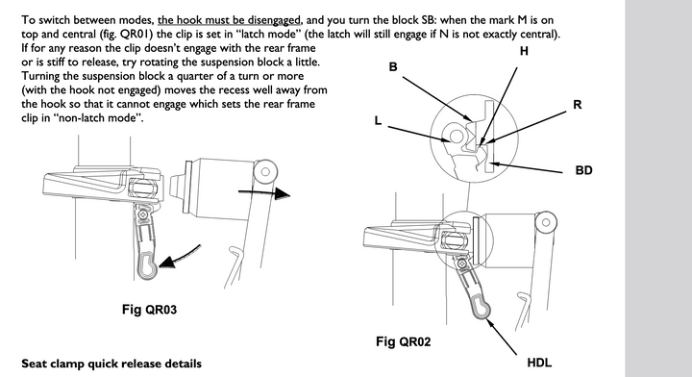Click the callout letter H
pos(524,52)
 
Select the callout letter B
pos(393,67)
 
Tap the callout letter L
pos(378,120)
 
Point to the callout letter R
pos(578,105)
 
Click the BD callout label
pos(583,170)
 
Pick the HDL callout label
pos(539,363)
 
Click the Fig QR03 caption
pos(150,310)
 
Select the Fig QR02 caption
pos(404,341)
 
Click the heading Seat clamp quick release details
pos(111,364)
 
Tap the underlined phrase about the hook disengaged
pos(230,20)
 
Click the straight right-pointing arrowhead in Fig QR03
pos(283,193)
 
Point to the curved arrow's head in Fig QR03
pos(167,263)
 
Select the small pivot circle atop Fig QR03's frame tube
pos(265,172)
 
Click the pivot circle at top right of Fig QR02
pos(546,221)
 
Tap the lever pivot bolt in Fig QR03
pos(143,214)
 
